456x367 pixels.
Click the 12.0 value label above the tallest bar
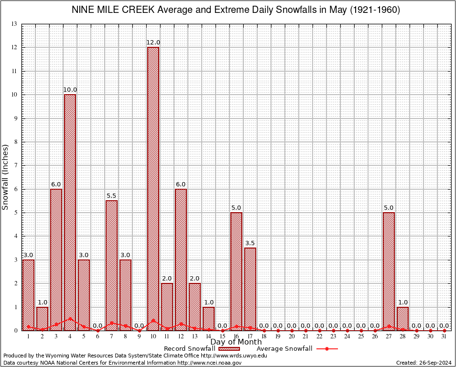tap(153, 43)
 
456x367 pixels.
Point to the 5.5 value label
tap(111, 196)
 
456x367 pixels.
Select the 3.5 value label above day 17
tap(250, 243)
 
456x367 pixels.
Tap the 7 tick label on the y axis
tap(15, 165)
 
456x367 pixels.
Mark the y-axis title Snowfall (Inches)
tap(6, 177)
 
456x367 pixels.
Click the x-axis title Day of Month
tap(236, 342)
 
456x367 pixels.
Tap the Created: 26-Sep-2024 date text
tap(423, 363)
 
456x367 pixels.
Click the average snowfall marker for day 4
tap(70, 318)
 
